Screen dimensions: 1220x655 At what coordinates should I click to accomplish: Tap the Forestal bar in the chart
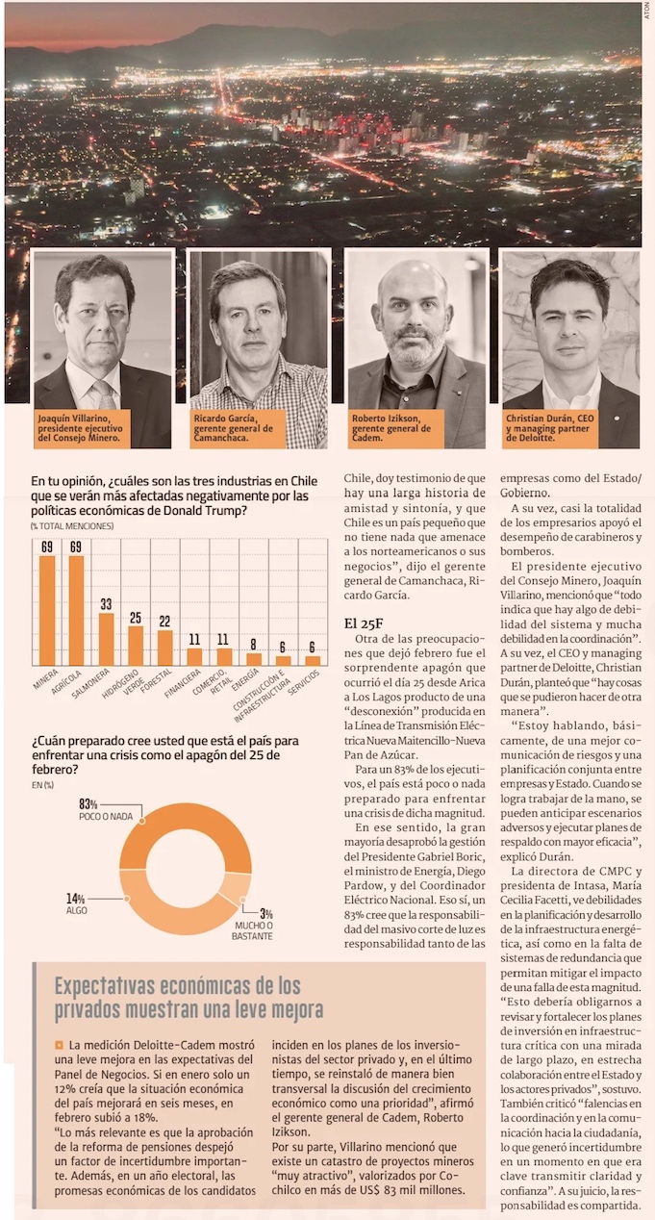(165, 648)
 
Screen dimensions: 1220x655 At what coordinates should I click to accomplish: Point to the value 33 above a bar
(106, 604)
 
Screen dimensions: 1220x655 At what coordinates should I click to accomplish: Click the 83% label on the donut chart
(88, 804)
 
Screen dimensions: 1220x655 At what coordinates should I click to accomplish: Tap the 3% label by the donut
(265, 914)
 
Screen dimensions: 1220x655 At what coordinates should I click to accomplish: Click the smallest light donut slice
(237, 887)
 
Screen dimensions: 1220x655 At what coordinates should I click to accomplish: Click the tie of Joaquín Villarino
(102, 395)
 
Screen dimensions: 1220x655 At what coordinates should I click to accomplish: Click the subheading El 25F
(364, 622)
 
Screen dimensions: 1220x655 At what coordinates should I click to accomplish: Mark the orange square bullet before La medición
(59, 1045)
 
